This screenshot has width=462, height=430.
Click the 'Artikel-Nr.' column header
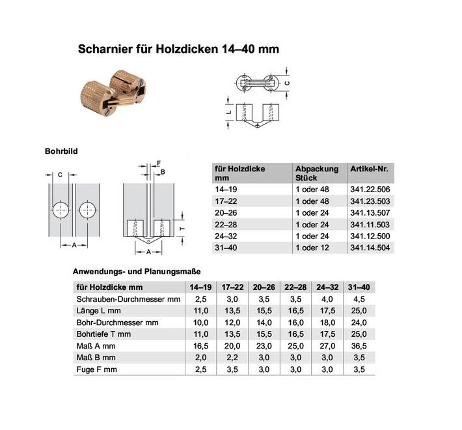click(x=369, y=169)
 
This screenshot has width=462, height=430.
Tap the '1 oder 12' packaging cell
click(x=312, y=248)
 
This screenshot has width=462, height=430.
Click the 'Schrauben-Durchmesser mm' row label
click(x=128, y=298)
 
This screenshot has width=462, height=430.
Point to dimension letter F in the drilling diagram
click(x=158, y=164)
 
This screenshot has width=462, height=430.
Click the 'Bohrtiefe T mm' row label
click(x=104, y=334)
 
